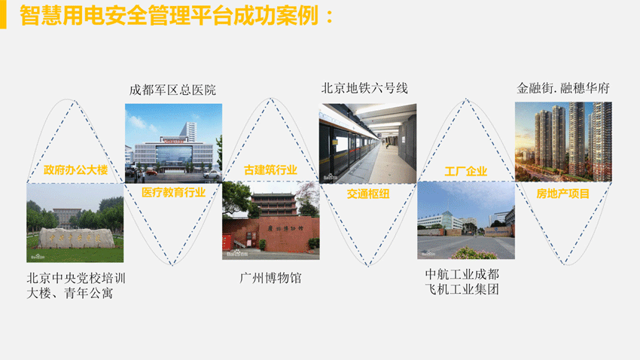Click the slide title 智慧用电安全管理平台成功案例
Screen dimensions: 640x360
pyautogui.click(x=169, y=15)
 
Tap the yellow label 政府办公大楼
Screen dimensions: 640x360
pyautogui.click(x=75, y=169)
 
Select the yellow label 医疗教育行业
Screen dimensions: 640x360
pyautogui.click(x=173, y=192)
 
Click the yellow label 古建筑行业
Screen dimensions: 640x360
pyautogui.click(x=270, y=169)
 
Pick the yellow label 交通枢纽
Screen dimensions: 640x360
pyautogui.click(x=368, y=194)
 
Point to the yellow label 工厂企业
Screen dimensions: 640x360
pyautogui.click(x=466, y=172)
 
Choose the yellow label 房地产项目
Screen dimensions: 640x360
pyautogui.click(x=563, y=194)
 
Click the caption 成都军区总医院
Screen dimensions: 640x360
pyautogui.click(x=172, y=90)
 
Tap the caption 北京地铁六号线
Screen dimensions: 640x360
pyautogui.click(x=364, y=88)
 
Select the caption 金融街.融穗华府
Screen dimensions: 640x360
pyautogui.click(x=563, y=88)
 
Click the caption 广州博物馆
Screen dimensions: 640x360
pyautogui.click(x=270, y=278)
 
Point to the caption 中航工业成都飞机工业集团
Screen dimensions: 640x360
pyautogui.click(x=462, y=282)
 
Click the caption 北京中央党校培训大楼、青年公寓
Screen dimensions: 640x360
pyautogui.click(x=76, y=285)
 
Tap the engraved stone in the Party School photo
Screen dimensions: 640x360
pyautogui.click(x=75, y=238)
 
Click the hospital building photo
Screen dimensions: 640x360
pyautogui.click(x=173, y=143)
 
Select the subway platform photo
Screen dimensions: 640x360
pyautogui.click(x=367, y=143)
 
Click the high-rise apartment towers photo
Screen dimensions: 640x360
pyautogui.click(x=563, y=142)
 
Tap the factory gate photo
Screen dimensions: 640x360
pyautogui.click(x=466, y=221)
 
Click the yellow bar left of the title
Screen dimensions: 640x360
pyautogui.click(x=3, y=14)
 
